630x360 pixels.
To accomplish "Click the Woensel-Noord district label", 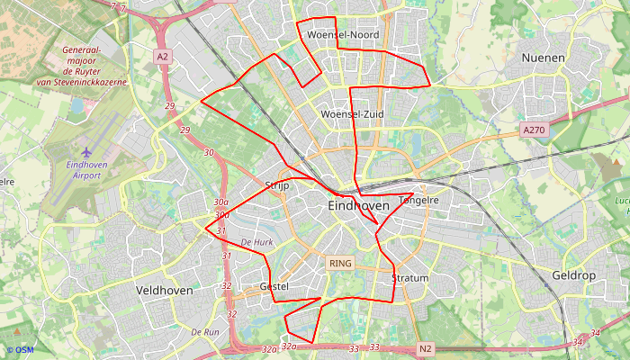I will coord(343,34).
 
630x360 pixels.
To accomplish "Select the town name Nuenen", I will coord(544,58).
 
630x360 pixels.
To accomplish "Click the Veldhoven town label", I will coord(164,291).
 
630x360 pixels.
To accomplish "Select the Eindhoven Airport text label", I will coord(86,170).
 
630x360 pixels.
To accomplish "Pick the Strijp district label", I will coord(276,184).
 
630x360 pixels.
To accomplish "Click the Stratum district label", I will coord(410,278).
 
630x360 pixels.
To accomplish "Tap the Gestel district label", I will coord(274,286).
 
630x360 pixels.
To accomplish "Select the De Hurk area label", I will coord(256,243).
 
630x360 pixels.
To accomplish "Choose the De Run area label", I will coord(205,332).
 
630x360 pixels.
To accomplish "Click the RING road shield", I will coord(341,264).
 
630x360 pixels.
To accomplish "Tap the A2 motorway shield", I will coord(162,56).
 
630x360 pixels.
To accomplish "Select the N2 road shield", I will coord(426,348).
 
